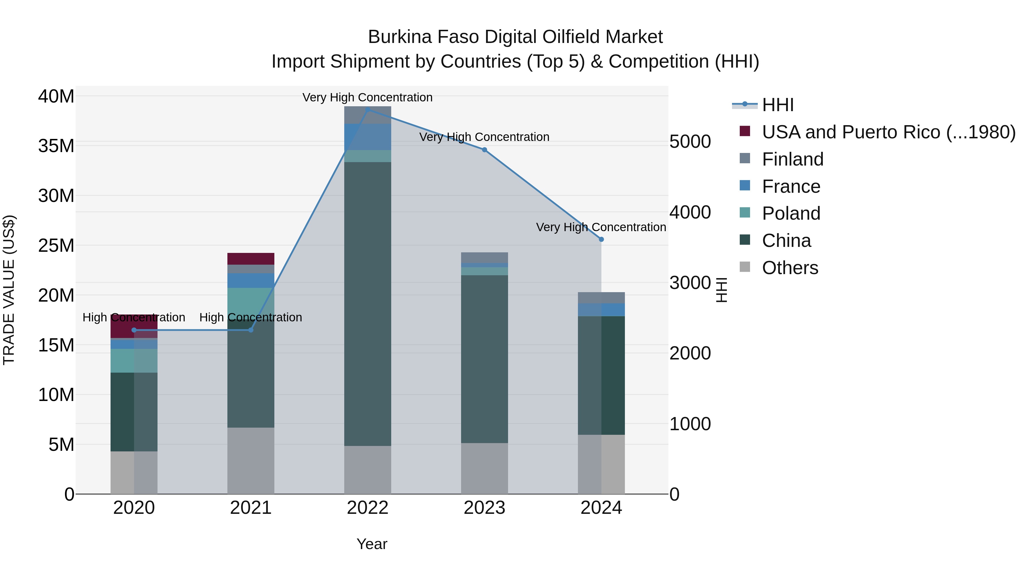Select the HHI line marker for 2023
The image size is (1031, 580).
[x=484, y=150]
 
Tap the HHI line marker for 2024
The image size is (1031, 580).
[x=601, y=239]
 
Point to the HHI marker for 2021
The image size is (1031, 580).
[x=251, y=330]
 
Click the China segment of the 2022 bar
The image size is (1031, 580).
[x=367, y=304]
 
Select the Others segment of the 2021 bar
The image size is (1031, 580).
[x=251, y=460]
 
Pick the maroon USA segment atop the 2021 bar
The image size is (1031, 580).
[x=251, y=259]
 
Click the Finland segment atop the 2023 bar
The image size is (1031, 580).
[x=484, y=257]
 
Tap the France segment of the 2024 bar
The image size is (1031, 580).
[x=601, y=310]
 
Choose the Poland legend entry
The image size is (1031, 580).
[x=790, y=213]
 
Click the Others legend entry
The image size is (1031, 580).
[x=790, y=268]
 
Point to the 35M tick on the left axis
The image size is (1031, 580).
[x=56, y=146]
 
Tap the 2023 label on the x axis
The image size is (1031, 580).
[x=484, y=508]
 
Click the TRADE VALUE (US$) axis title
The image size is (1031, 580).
[x=9, y=290]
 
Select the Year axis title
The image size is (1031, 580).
[x=372, y=544]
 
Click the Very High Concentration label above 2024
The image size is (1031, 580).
[x=601, y=227]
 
